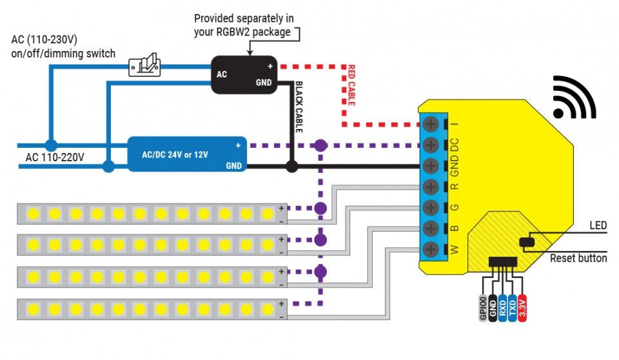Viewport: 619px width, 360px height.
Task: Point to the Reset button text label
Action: tap(578, 258)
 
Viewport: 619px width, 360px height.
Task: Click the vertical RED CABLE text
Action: tap(352, 85)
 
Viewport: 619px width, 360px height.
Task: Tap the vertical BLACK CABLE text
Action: tap(299, 107)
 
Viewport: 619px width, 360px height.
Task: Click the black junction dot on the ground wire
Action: tap(291, 166)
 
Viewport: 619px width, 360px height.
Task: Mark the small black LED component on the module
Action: tap(526, 243)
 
